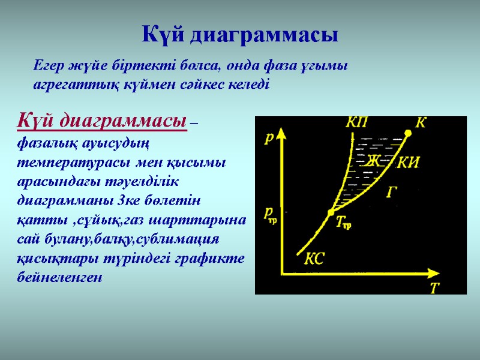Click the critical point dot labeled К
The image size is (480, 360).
click(408, 133)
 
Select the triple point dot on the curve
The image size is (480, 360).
click(330, 213)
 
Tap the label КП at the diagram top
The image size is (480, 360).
click(358, 123)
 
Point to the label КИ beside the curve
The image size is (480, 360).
click(408, 162)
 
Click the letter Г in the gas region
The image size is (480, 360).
click(392, 192)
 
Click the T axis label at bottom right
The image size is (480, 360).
click(435, 288)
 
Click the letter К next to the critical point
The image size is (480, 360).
click(421, 123)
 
